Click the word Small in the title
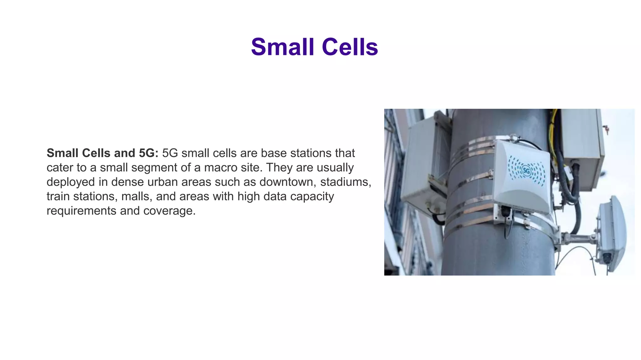coord(282,47)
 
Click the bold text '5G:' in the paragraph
coord(149,153)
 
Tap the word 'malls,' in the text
coord(137,196)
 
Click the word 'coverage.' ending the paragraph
coord(169,211)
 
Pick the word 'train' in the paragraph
coord(58,196)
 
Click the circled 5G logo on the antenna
coord(526,171)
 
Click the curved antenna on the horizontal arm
coord(611,231)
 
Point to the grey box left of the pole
coord(424,166)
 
